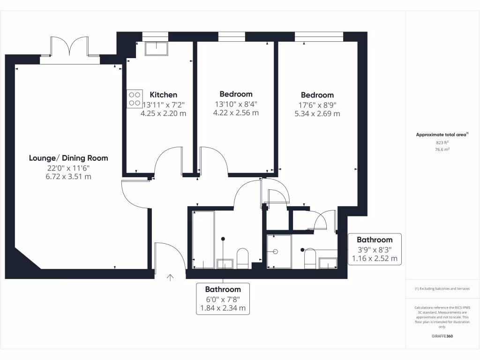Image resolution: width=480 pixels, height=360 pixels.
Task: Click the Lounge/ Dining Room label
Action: pyautogui.click(x=68, y=158)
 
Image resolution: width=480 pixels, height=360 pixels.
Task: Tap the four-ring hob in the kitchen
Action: pyautogui.click(x=135, y=98)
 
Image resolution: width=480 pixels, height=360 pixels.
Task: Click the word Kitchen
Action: pyautogui.click(x=163, y=95)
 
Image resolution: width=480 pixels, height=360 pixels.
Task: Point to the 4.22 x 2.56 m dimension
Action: pyautogui.click(x=236, y=112)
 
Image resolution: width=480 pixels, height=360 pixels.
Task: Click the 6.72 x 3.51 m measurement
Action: pyautogui.click(x=68, y=176)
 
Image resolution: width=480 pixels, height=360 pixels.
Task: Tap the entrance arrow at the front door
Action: pyautogui.click(x=170, y=277)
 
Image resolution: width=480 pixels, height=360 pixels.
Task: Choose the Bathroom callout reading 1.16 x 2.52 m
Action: pyautogui.click(x=375, y=249)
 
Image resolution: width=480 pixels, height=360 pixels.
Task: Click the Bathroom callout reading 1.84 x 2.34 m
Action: pyautogui.click(x=223, y=299)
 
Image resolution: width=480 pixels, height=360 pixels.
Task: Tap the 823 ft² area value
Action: pyautogui.click(x=442, y=142)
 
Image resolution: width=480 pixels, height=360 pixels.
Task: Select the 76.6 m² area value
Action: pyautogui.click(x=442, y=150)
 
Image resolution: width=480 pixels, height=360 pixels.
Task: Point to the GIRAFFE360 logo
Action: pyautogui.click(x=442, y=336)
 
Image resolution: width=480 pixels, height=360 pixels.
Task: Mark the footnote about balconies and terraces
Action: pyautogui.click(x=442, y=289)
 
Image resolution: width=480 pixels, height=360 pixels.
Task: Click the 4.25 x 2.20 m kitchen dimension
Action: pyautogui.click(x=163, y=113)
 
